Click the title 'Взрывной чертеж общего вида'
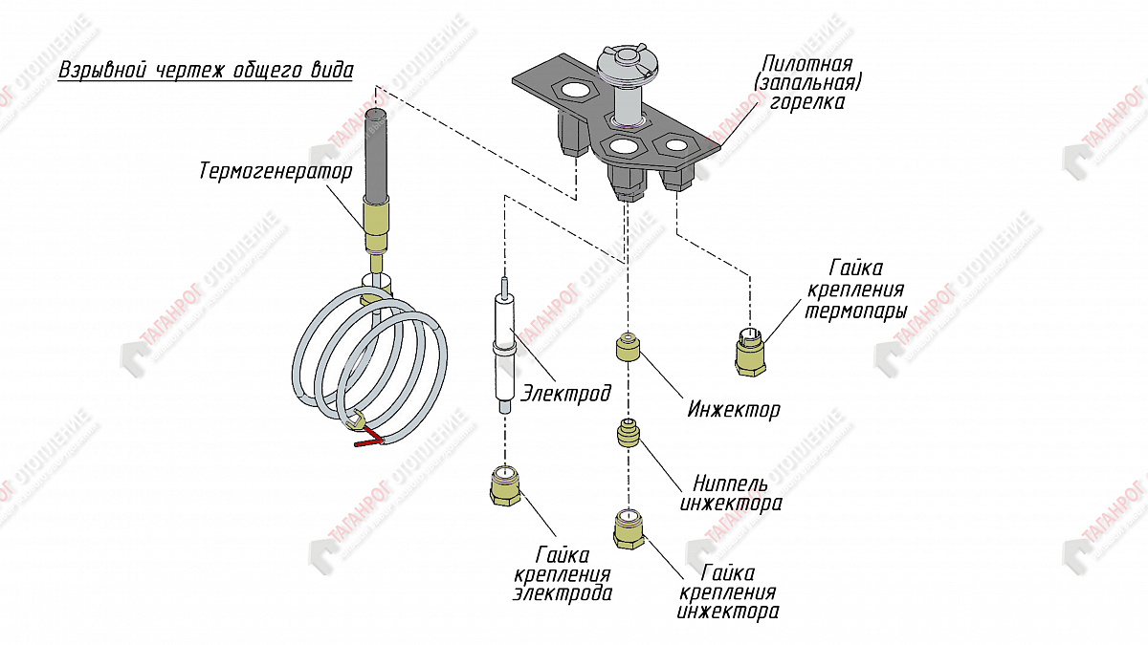[206, 72]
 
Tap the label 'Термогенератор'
[276, 172]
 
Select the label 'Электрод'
[566, 391]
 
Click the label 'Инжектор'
[733, 410]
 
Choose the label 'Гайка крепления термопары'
[853, 289]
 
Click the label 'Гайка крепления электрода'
[563, 573]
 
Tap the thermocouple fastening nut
[749, 353]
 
